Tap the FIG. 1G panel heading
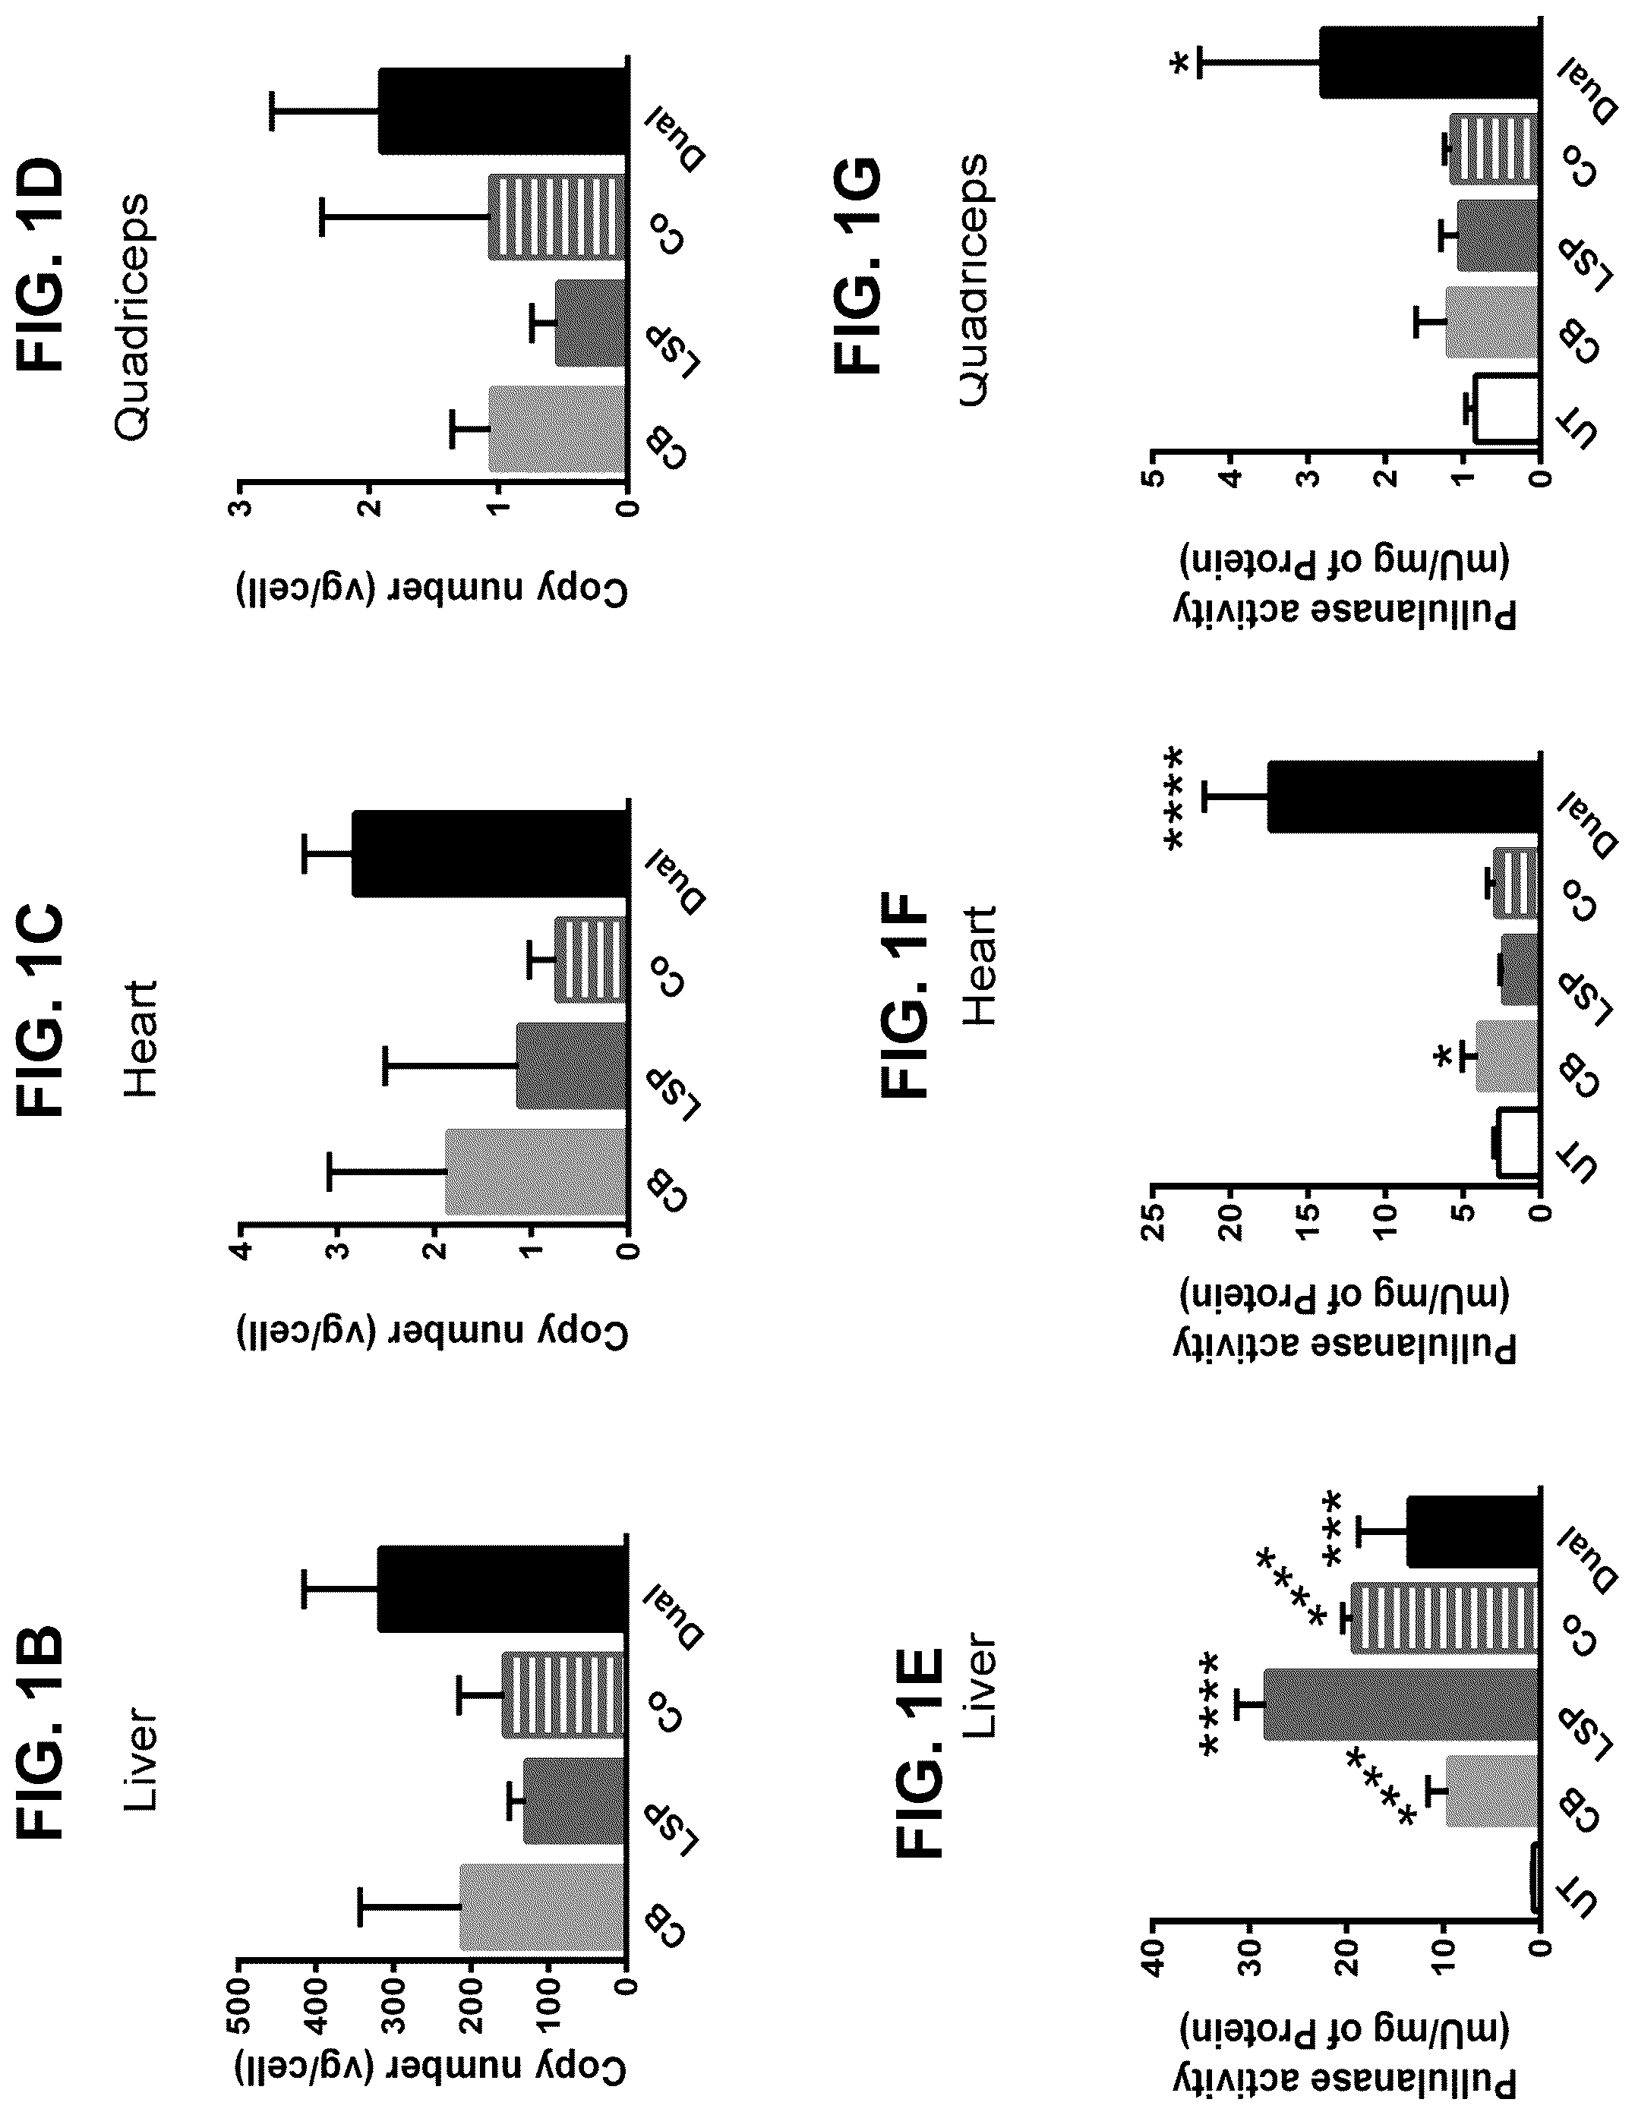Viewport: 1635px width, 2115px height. click(x=860, y=267)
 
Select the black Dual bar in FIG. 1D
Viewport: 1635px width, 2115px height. click(x=503, y=112)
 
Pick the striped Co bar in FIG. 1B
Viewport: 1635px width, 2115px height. click(x=563, y=1694)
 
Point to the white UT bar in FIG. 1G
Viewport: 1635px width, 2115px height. click(x=1505, y=408)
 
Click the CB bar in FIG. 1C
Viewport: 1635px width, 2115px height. click(x=535, y=1172)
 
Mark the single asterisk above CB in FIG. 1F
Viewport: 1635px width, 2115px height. click(x=1444, y=1057)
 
